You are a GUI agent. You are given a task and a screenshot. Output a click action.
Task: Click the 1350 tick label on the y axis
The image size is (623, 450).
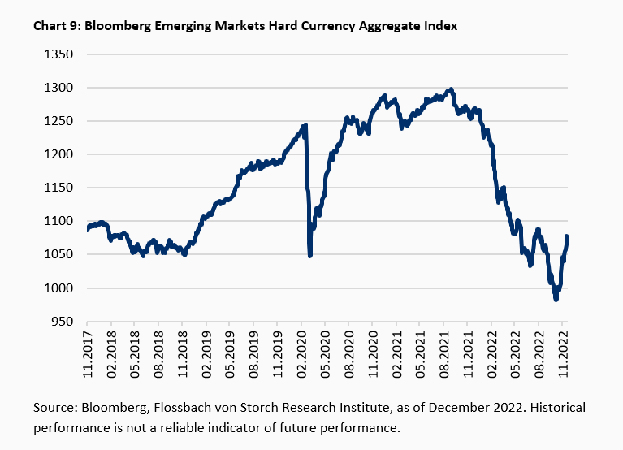point(58,54)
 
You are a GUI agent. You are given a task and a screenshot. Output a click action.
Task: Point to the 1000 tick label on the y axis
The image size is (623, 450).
point(58,288)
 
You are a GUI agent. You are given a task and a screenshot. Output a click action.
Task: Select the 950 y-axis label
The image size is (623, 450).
point(62,322)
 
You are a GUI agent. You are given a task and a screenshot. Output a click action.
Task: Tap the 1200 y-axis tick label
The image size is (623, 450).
point(58,154)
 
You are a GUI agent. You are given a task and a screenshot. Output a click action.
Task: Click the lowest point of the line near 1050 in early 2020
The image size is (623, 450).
point(310,255)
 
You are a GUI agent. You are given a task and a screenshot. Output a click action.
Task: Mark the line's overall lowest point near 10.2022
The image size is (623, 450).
point(556,300)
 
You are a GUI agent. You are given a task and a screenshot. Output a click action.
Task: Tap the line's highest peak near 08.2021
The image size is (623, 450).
point(452,89)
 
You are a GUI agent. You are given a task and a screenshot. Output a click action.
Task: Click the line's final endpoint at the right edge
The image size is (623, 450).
point(567,236)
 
